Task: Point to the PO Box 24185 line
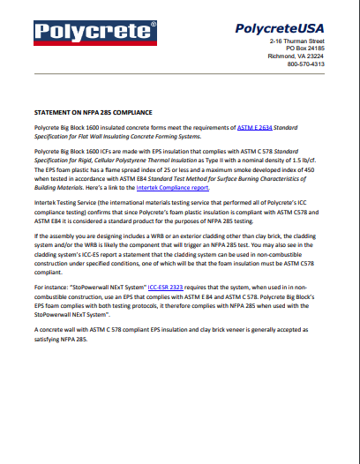[x=300, y=49]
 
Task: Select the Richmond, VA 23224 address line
[x=296, y=56]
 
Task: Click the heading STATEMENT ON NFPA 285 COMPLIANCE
[x=93, y=114]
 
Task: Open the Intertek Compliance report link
[x=173, y=189]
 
